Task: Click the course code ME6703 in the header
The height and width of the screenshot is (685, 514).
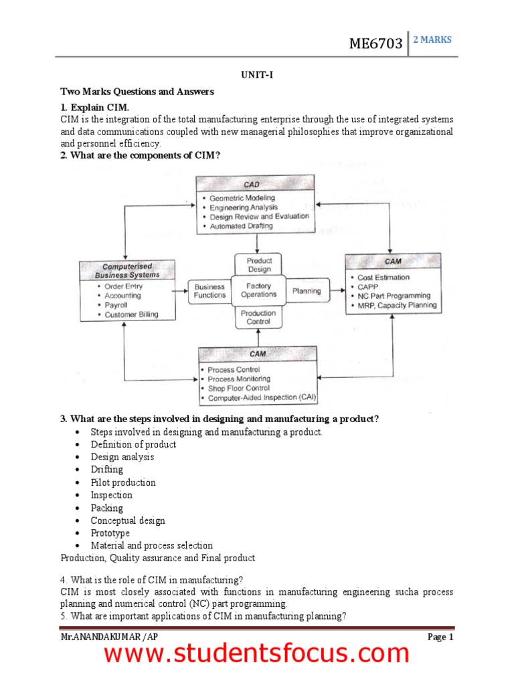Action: point(375,44)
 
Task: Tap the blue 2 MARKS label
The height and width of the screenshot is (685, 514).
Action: point(432,39)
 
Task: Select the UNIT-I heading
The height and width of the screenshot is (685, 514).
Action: point(257,76)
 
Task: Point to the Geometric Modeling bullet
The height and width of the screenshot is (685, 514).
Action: point(242,198)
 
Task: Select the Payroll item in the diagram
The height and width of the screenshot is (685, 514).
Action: point(116,305)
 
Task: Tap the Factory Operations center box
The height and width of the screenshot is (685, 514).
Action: point(258,290)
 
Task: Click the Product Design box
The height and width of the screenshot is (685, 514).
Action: point(259,265)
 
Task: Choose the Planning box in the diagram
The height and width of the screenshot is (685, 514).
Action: point(307,291)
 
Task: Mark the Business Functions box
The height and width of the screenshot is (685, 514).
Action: point(209,291)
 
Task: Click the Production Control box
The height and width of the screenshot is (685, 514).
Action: point(258,317)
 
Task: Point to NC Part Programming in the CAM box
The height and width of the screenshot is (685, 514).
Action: point(394,296)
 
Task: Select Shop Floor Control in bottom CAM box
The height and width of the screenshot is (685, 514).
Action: point(238,388)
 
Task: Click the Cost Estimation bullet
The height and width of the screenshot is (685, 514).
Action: point(383,277)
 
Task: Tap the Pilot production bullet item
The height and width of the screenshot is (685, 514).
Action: point(123,482)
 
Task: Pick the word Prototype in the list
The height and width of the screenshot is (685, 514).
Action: point(110,533)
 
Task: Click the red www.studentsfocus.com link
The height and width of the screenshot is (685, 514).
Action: point(256,654)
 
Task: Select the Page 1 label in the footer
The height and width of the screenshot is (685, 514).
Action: point(440,637)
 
